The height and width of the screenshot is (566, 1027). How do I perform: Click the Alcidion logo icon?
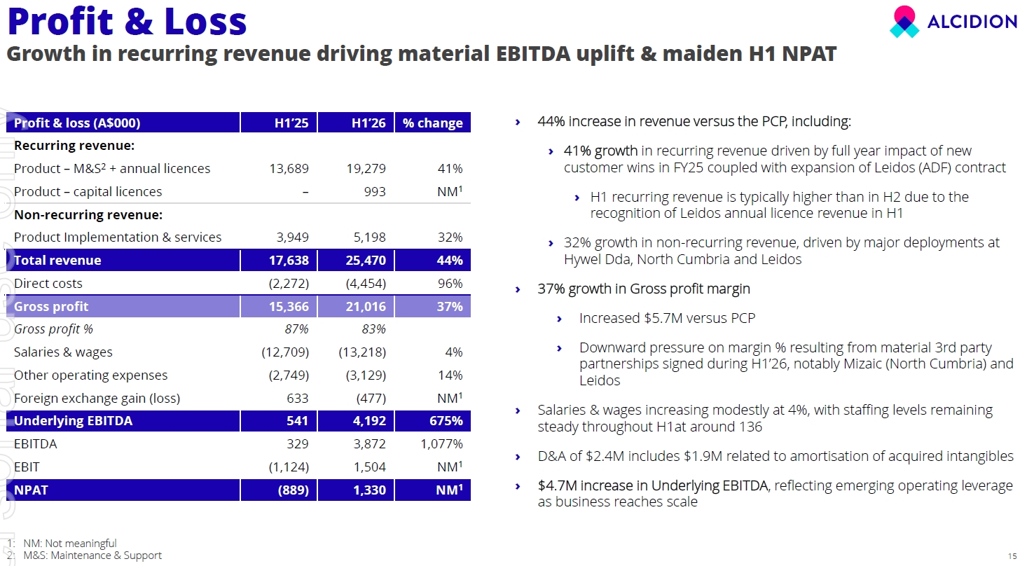(x=904, y=22)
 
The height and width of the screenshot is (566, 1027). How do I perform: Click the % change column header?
(x=433, y=123)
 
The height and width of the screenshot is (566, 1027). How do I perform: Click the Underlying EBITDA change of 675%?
(x=446, y=421)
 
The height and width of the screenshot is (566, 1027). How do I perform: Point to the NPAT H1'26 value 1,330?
(x=369, y=490)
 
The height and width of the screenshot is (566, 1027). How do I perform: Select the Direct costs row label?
(x=48, y=283)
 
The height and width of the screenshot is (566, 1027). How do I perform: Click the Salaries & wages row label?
(x=63, y=352)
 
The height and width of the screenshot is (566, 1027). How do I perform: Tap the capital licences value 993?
(x=374, y=191)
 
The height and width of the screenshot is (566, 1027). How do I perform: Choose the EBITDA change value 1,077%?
(x=441, y=444)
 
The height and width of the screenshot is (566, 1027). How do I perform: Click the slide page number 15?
(x=1012, y=556)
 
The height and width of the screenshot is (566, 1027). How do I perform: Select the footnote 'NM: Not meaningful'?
(x=69, y=544)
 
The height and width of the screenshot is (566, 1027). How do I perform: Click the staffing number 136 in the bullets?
(x=749, y=427)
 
